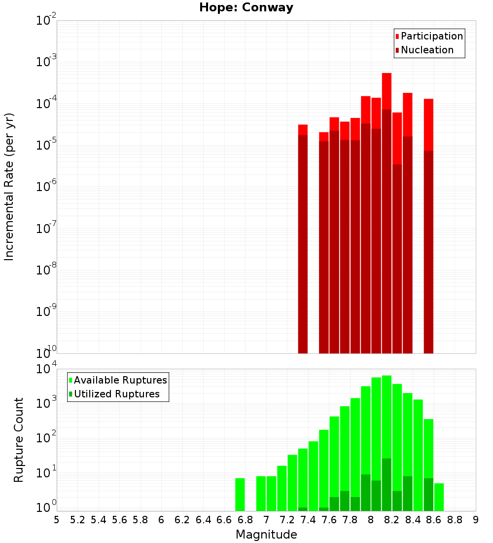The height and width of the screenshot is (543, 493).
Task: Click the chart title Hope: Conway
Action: [x=246, y=8]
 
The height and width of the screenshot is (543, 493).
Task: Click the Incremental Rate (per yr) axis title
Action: [x=9, y=187]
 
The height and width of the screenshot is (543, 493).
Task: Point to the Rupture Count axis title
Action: [x=19, y=439]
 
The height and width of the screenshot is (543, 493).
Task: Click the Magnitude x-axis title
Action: [x=266, y=535]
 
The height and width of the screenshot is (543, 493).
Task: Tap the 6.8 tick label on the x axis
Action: [x=245, y=519]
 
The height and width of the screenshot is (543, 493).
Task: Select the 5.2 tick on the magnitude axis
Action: [x=77, y=519]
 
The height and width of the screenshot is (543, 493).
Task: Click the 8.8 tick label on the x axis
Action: [x=455, y=519]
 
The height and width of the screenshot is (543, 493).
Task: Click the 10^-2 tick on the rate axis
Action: [x=46, y=21]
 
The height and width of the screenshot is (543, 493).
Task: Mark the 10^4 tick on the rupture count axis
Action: [x=46, y=369]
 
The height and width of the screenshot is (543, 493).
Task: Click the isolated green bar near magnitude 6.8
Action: [x=240, y=494]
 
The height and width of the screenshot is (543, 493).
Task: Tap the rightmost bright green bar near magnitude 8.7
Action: [x=439, y=497]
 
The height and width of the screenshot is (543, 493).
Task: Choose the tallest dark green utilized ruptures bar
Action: [x=387, y=484]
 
